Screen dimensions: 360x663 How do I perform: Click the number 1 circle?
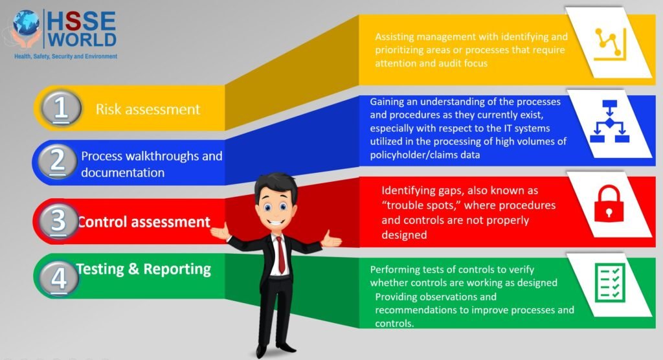pyautogui.click(x=62, y=107)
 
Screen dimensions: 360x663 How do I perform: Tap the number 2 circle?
pyautogui.click(x=58, y=162)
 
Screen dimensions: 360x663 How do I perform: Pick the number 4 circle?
pyautogui.click(x=59, y=278)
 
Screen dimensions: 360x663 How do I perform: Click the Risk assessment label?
pyautogui.click(x=148, y=109)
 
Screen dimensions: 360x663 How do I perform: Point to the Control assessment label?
pyautogui.click(x=144, y=222)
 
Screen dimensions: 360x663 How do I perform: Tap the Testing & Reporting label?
pyautogui.click(x=144, y=269)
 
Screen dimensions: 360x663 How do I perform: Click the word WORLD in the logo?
pyautogui.click(x=81, y=39)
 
